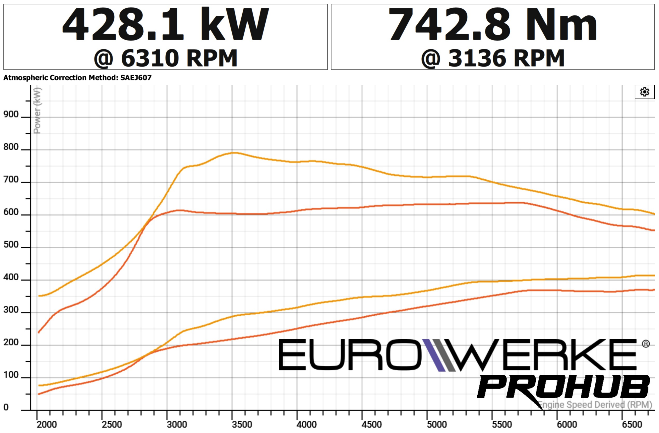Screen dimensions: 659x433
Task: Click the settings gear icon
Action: pos(644,92)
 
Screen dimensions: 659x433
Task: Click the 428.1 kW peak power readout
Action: pos(165,24)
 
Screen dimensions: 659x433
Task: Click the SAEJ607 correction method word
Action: pos(136,78)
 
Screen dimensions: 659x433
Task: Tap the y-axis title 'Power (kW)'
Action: pos(37,110)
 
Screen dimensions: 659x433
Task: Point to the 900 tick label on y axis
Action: pos(11,114)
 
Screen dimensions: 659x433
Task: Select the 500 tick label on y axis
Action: pos(11,244)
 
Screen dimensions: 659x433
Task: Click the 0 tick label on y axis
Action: pos(6,407)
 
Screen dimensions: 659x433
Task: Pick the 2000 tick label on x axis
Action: pos(47,424)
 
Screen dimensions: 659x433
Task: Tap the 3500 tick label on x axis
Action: pos(242,424)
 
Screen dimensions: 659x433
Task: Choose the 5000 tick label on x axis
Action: pos(437,424)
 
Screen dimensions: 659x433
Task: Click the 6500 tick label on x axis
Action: pos(632,424)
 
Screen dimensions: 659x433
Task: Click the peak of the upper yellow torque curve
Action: pos(233,153)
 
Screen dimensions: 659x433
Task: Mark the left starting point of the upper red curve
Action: pos(38,333)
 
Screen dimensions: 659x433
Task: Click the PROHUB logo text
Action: pos(563,387)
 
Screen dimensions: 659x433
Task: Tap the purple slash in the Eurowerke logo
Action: pos(434,355)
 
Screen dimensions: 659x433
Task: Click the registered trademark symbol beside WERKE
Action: pos(646,344)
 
